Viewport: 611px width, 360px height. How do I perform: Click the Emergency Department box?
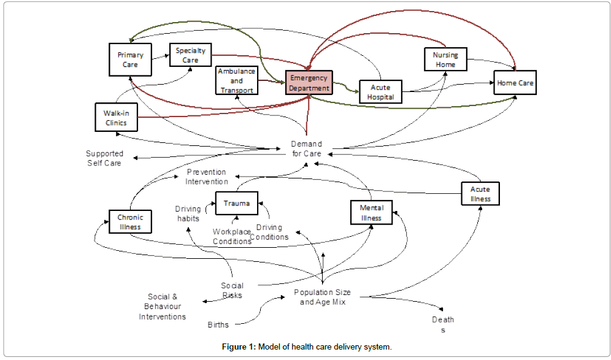[309, 83]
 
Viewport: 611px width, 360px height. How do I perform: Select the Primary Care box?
[130, 59]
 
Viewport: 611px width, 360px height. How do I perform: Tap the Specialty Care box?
[190, 56]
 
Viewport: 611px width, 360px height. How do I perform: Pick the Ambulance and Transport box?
[237, 81]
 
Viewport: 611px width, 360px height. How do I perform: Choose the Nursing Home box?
[445, 60]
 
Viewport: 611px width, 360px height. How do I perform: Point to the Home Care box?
[515, 83]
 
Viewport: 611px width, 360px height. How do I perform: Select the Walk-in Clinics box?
[116, 117]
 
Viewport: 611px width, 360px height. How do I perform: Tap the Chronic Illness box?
[130, 222]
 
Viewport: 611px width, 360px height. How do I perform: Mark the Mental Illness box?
[371, 213]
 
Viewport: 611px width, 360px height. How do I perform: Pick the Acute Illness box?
[480, 194]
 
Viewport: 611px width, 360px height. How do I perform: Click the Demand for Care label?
[306, 148]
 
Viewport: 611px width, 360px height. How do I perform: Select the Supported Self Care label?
[104, 158]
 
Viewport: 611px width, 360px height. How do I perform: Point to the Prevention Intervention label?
[207, 177]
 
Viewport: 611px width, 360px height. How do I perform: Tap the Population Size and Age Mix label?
[322, 297]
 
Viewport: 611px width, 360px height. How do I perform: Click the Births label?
[218, 324]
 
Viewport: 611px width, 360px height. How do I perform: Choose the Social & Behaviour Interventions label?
[163, 307]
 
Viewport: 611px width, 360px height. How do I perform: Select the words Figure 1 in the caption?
[239, 347]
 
